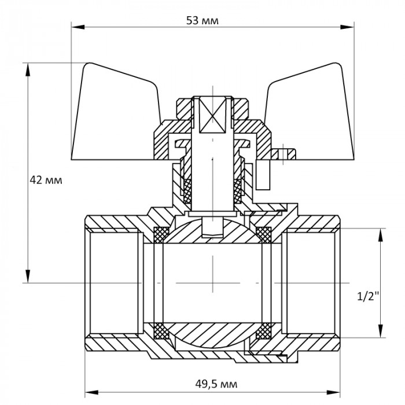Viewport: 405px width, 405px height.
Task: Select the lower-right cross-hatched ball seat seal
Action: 264,331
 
